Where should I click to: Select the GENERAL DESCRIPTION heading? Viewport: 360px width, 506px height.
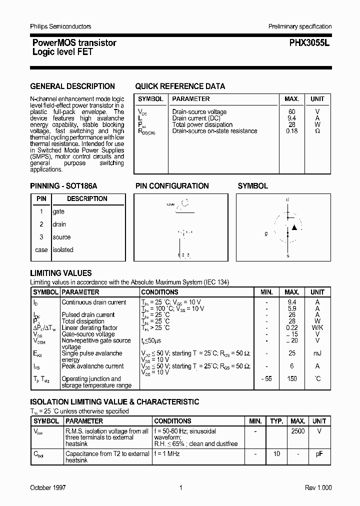pos(72,86)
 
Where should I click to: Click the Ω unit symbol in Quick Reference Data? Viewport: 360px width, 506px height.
pos(317,131)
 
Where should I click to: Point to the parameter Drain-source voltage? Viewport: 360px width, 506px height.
pos(199,112)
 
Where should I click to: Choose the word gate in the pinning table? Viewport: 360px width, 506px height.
pos(58,211)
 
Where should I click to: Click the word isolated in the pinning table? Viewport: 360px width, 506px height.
pos(63,249)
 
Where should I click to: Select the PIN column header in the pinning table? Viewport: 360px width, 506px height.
pos(41,198)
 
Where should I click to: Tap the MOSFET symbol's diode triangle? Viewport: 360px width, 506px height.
pos(294,227)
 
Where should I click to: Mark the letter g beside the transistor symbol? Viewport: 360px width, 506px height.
pos(266,233)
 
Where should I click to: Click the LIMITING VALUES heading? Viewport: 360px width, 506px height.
pos(61,273)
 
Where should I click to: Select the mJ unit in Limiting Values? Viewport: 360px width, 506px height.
pos(317,353)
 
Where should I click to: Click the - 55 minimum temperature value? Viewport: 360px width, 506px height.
pos(266,379)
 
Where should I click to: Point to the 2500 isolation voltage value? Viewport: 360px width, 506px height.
pos(297,430)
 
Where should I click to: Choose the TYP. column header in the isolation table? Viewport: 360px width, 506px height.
pos(276,421)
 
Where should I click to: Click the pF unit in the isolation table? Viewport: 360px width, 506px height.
pos(319,453)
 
